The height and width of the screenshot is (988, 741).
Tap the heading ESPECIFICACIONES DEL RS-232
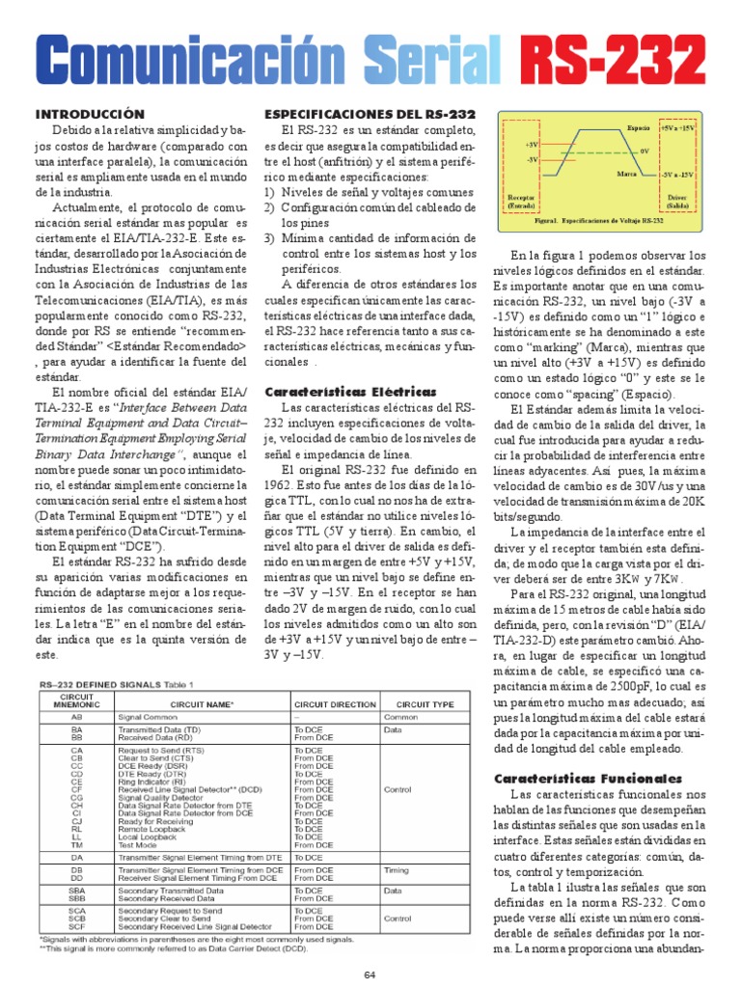click(370, 114)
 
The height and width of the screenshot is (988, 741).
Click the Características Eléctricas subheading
click(336, 392)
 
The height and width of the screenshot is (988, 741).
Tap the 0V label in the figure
click(644, 151)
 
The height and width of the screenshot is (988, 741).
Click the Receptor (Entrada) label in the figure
click(521, 201)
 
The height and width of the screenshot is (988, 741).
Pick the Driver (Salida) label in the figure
click(677, 201)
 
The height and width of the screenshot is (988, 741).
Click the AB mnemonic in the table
click(76, 718)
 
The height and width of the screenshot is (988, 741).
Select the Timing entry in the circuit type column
click(397, 869)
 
